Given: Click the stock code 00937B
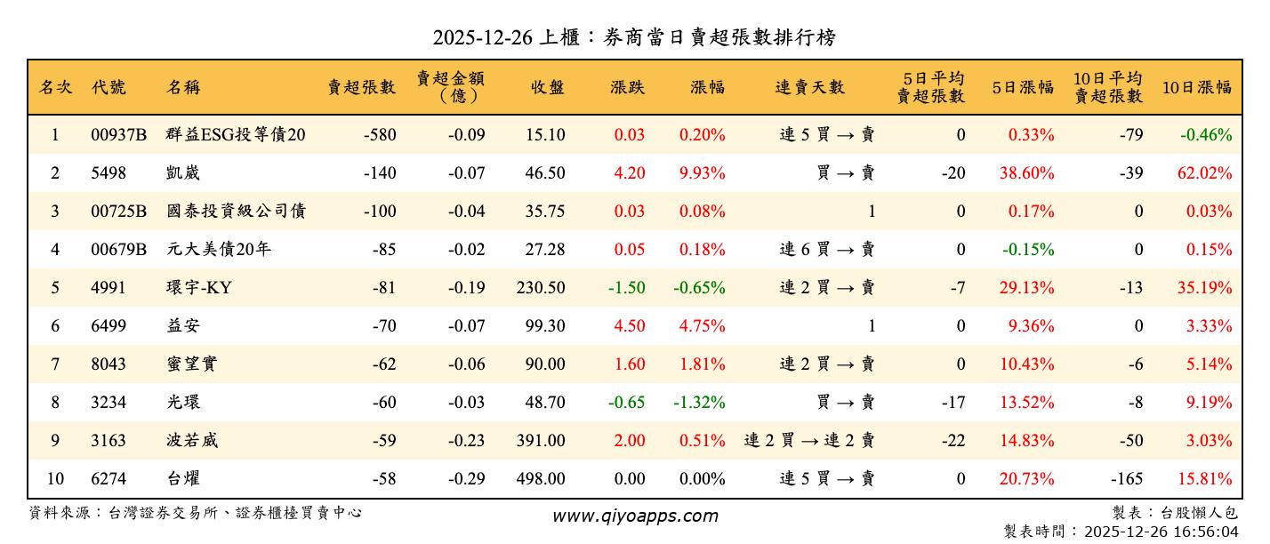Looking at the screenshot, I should (118, 135).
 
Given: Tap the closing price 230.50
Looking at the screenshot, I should (540, 288).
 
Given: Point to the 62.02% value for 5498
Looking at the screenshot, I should (1204, 173).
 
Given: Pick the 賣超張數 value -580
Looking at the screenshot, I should (380, 135).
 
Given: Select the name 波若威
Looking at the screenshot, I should (191, 441).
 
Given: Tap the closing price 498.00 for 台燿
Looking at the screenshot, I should (540, 479).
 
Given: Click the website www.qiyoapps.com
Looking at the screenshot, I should (634, 516).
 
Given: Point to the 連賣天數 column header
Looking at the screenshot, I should (809, 87).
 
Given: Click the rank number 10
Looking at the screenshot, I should (55, 479).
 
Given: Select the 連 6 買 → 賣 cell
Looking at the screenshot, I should (827, 250).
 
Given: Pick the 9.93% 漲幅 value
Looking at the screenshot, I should (702, 173).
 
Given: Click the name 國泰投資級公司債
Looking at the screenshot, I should (236, 212).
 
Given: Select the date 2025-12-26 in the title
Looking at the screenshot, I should (483, 37).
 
